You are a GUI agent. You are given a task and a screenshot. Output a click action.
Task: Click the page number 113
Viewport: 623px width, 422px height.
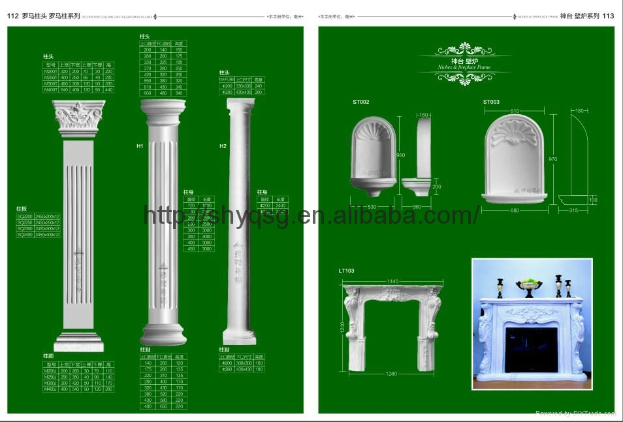click(x=608, y=16)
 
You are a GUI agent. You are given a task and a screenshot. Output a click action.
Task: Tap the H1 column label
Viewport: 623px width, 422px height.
click(x=140, y=146)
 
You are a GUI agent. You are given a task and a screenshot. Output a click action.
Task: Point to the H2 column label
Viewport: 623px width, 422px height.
click(x=223, y=146)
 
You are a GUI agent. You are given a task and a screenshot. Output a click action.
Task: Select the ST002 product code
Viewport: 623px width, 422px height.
click(x=361, y=102)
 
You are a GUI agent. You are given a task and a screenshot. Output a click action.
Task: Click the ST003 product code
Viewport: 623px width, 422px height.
click(x=491, y=102)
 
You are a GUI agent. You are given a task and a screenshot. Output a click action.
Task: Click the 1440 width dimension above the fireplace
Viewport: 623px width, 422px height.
click(x=393, y=280)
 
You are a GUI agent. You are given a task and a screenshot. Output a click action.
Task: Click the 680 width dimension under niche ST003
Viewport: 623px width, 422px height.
click(x=516, y=210)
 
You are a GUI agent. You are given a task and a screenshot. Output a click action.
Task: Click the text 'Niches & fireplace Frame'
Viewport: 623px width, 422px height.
click(x=464, y=67)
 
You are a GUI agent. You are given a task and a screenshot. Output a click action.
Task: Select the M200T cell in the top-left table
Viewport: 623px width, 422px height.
click(x=50, y=70)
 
